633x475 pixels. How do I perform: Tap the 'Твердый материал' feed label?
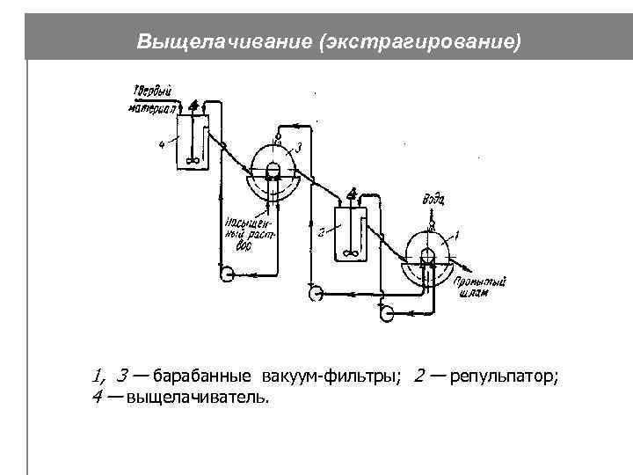coord(152,98)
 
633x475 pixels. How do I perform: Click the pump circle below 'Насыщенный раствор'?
coord(227,273)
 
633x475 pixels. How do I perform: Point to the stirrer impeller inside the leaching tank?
coord(193,160)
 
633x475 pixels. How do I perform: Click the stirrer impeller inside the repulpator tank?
coord(351,252)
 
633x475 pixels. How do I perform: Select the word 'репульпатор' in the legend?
coord(503,377)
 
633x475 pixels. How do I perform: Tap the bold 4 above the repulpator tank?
coord(353,194)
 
